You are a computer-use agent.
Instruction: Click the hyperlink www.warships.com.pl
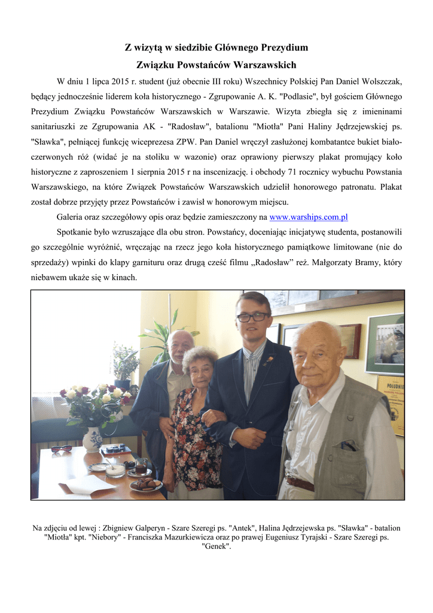click(309, 217)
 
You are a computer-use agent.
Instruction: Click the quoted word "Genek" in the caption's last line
click(216, 547)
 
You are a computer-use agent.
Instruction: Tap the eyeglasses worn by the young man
click(252, 317)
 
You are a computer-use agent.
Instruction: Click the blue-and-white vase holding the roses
click(93, 439)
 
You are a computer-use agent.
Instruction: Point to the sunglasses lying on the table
click(61, 448)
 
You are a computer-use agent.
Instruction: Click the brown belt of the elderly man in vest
click(300, 482)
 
